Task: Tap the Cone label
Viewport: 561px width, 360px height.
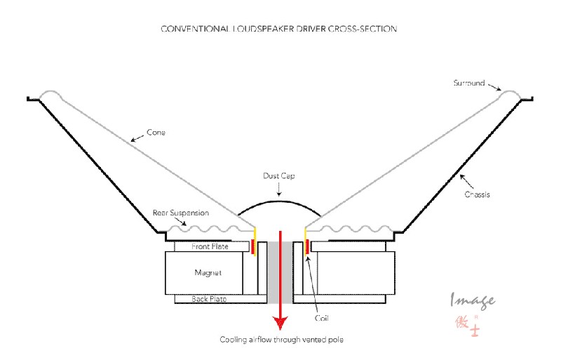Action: [x=156, y=131]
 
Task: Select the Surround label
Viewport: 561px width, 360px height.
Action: [x=468, y=83]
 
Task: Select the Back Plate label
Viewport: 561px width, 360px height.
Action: [x=209, y=299]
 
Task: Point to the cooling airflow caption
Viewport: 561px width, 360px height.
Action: [x=282, y=340]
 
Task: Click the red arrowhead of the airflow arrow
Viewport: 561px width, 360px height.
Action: [x=281, y=322]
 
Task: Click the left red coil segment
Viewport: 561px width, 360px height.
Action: [x=254, y=246]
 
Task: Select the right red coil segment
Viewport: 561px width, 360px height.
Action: [x=308, y=246]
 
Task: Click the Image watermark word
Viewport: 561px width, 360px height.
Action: [x=473, y=300]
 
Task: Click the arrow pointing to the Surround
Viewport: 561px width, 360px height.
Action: [x=496, y=87]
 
